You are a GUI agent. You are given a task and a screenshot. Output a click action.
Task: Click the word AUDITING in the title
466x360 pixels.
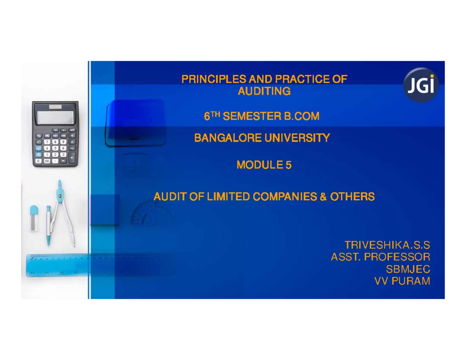(264, 92)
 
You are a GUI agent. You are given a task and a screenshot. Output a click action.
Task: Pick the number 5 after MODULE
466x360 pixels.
(288, 165)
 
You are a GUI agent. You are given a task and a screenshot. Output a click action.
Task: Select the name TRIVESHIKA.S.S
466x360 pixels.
(387, 245)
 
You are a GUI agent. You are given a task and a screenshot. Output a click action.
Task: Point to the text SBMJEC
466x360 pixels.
(407, 269)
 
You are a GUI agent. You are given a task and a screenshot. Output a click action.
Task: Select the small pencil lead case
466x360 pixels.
(34, 218)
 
